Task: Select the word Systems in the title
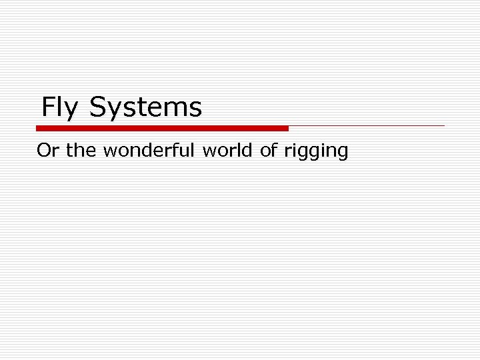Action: [145, 108]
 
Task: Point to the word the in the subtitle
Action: [81, 151]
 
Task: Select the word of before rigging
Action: [269, 151]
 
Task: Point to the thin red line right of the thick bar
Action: [367, 125]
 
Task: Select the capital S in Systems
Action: [97, 107]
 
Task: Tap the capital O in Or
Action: [43, 151]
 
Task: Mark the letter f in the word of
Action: [273, 151]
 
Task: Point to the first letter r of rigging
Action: [287, 153]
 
